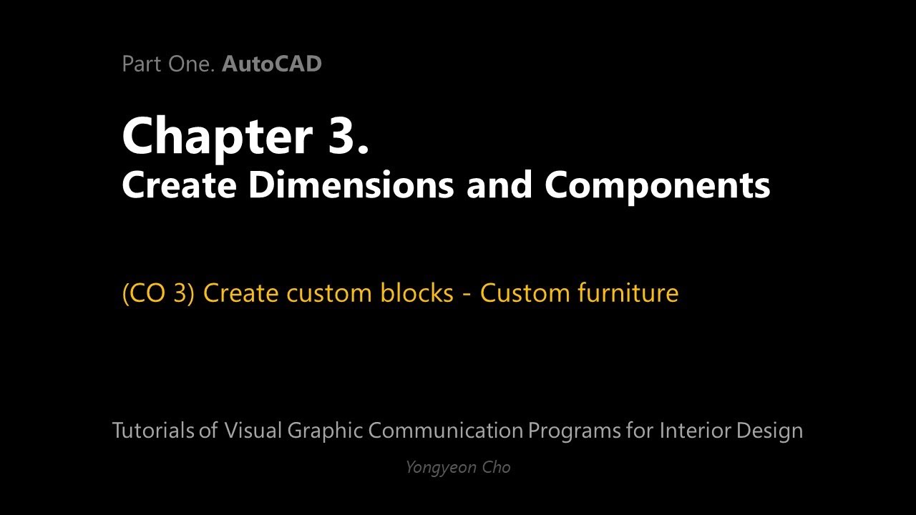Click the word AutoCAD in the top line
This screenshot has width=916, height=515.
tap(272, 64)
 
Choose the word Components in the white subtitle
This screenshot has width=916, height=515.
tap(657, 185)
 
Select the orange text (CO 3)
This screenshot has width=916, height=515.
tap(158, 293)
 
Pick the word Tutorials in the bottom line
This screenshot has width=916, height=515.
tap(153, 431)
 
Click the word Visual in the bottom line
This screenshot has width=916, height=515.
tap(253, 431)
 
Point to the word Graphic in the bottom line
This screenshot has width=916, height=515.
tap(326, 431)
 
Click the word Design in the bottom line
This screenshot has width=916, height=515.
tap(769, 431)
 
